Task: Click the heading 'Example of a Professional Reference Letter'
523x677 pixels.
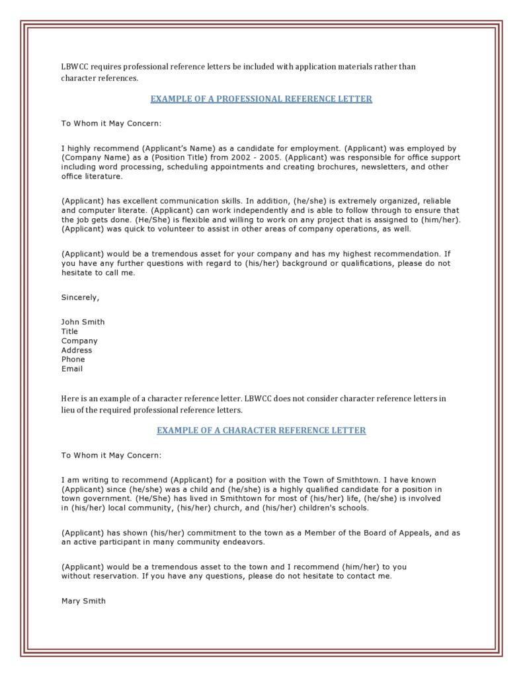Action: click(x=261, y=99)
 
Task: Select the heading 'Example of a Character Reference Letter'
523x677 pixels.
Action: click(x=261, y=430)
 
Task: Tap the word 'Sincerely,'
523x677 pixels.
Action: click(x=80, y=298)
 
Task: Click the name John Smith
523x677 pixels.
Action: click(x=83, y=322)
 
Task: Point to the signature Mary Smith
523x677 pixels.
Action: click(x=83, y=601)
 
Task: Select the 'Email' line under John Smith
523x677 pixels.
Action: click(x=72, y=369)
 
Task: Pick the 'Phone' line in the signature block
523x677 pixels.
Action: click(x=73, y=360)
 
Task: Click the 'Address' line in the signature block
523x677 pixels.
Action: click(x=77, y=350)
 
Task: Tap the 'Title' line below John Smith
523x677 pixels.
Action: click(x=69, y=332)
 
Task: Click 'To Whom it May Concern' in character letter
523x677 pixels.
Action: click(x=111, y=456)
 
